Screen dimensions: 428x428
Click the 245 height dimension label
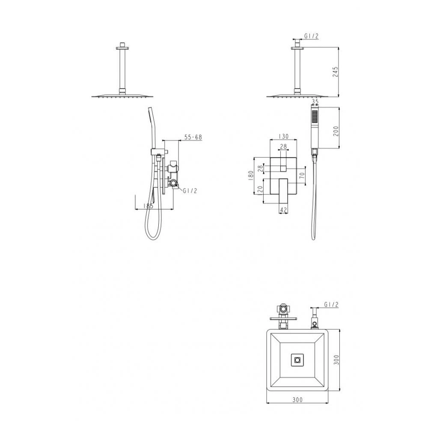click(336, 71)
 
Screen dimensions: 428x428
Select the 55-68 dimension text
click(193, 137)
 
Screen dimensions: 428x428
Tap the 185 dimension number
click(148, 205)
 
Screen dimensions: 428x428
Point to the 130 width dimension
click(284, 137)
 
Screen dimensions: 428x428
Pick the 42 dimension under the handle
click(284, 210)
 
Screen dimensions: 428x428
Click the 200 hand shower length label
click(336, 131)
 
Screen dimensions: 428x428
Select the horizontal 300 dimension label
click(297, 400)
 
